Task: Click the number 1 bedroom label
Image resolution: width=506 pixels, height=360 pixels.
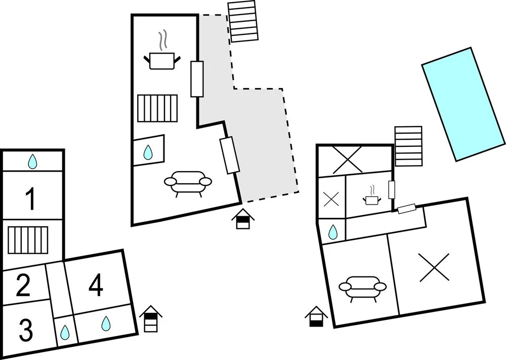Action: (31, 199)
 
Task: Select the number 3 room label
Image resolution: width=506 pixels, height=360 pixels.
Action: (26, 330)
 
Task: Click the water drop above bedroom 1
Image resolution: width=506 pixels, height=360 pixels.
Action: (32, 162)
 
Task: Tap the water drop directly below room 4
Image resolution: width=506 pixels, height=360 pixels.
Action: (106, 323)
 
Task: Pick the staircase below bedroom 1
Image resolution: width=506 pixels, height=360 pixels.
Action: (28, 240)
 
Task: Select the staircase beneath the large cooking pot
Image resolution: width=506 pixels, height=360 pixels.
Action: (157, 108)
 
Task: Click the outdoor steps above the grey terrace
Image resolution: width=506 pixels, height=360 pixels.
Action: (243, 21)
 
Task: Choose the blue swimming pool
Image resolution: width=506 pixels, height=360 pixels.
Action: (463, 104)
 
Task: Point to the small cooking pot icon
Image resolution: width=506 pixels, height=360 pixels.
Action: (372, 195)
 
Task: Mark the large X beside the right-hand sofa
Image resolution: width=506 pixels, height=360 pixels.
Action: (434, 267)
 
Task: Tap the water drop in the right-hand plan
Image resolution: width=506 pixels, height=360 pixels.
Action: (333, 232)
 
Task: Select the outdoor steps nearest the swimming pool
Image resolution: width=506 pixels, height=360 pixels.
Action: (408, 146)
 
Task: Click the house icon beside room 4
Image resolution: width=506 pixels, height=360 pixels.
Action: (151, 318)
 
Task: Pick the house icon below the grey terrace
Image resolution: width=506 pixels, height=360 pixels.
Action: (243, 219)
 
